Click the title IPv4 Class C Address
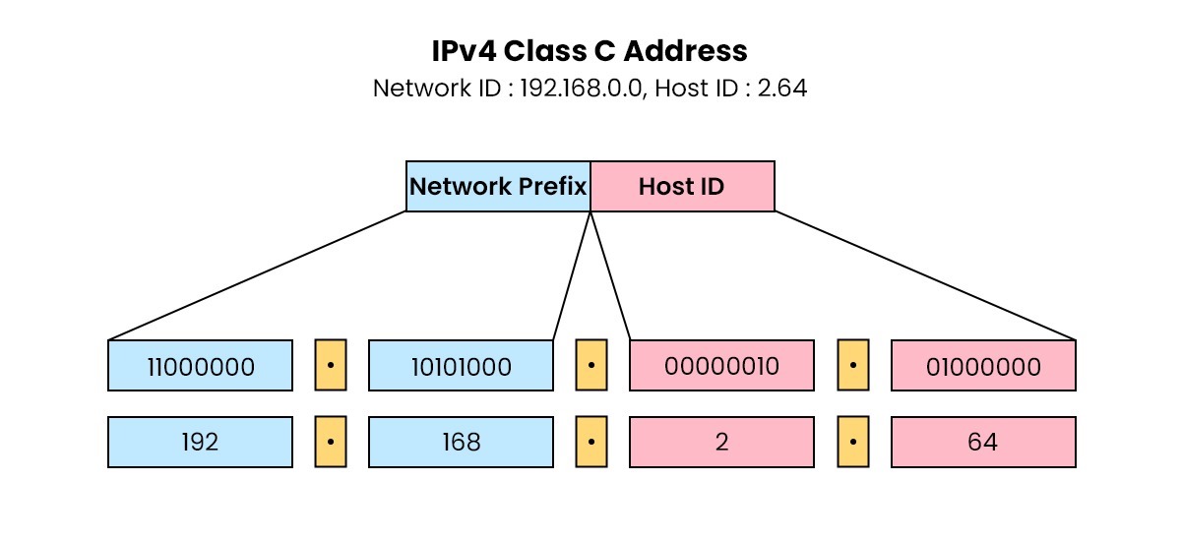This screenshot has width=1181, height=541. (590, 50)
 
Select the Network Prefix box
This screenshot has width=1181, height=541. (498, 187)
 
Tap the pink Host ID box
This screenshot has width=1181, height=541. (682, 187)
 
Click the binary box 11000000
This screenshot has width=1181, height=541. (200, 366)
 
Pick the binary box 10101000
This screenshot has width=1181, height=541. (461, 366)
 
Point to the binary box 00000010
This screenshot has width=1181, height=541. (721, 366)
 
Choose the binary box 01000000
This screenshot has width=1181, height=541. (983, 366)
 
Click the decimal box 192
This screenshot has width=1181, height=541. (200, 442)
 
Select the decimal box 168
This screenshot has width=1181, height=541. (461, 442)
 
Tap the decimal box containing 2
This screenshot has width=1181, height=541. (721, 442)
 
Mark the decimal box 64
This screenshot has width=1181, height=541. (983, 442)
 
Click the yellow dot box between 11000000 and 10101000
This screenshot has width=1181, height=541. (331, 366)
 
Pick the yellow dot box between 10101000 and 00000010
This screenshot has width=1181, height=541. (590, 366)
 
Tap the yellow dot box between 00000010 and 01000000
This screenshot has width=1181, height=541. (853, 366)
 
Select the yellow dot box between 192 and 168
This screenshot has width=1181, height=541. (331, 442)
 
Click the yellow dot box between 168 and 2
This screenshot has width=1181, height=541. (590, 442)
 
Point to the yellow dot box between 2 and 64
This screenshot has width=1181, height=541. (853, 442)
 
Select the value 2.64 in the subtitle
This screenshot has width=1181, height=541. (782, 89)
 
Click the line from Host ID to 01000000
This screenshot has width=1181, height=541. (925, 275)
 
